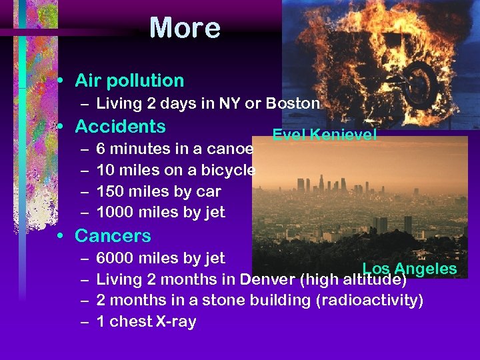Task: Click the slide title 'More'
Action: click(185, 28)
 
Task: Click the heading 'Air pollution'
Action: click(129, 81)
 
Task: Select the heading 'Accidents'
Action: click(120, 126)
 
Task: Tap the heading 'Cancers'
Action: click(113, 235)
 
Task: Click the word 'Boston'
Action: click(293, 103)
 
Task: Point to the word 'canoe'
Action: click(230, 148)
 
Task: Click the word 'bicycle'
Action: click(228, 169)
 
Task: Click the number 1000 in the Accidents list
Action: click(114, 212)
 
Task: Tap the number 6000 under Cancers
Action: click(114, 257)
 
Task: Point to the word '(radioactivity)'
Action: click(369, 300)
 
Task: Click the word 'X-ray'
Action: click(175, 321)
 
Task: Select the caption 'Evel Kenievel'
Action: click(324, 135)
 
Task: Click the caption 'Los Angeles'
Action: click(409, 269)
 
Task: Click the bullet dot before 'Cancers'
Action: click(60, 235)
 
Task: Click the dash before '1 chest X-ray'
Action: click(85, 321)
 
